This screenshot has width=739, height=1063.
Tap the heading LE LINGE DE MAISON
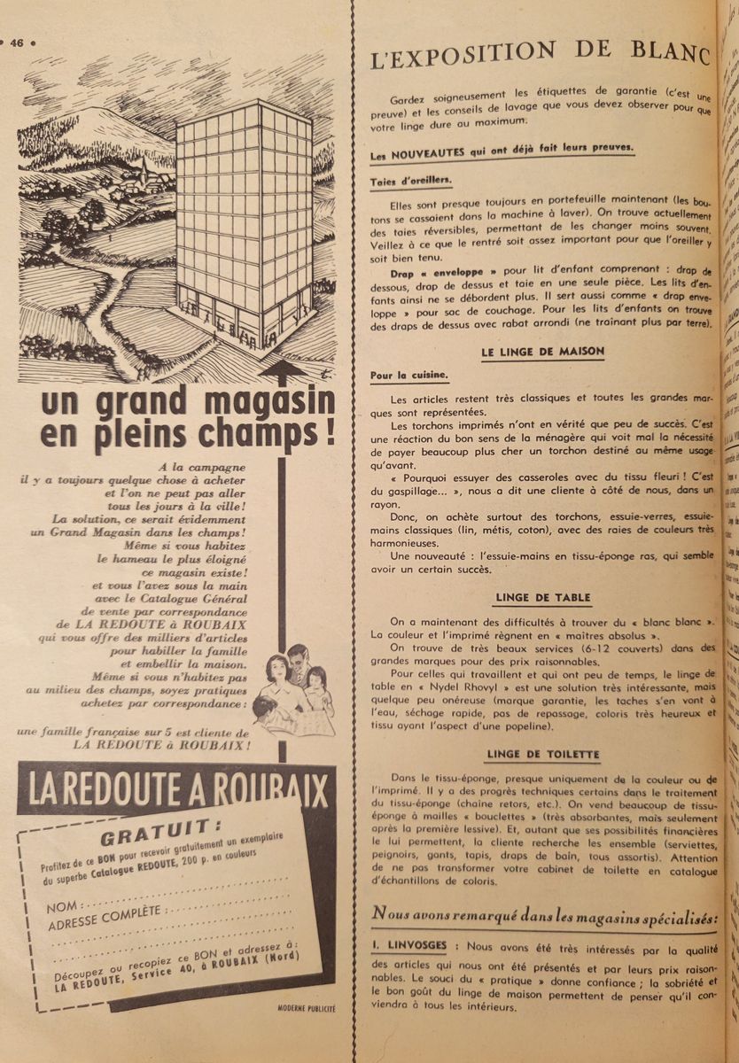[x=542, y=352]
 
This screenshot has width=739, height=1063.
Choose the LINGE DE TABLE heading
[x=542, y=598]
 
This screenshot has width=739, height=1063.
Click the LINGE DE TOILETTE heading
[x=542, y=755]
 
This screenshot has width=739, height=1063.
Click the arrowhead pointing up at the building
[x=283, y=368]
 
